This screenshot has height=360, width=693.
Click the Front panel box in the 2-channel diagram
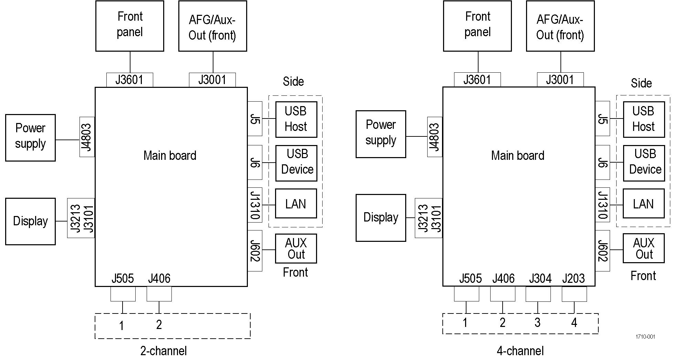pos(129,26)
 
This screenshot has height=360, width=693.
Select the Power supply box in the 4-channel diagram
pos(381,134)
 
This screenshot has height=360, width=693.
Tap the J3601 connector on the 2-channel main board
pos(129,80)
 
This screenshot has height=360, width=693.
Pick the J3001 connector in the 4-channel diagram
pos(560,80)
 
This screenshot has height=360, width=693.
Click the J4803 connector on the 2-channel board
pos(87,137)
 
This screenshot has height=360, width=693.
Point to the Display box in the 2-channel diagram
pos(30,221)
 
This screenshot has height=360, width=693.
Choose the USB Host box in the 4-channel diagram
pos(643,119)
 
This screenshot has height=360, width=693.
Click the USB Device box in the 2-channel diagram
pos(296,163)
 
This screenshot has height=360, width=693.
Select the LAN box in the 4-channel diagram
pos(643,204)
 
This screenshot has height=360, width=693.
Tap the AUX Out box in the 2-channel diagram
pos(296,248)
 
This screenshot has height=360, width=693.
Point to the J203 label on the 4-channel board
pos(574,278)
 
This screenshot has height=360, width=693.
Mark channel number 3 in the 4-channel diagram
pos(537,323)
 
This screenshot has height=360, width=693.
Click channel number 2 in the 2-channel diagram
pos(159,325)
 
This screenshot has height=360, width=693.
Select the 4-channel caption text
pos(520,351)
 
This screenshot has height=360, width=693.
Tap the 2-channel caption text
pos(164,351)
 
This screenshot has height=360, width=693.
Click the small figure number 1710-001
pos(645,337)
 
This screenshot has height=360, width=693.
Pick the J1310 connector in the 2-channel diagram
pos(255,205)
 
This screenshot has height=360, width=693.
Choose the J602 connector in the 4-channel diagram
pos(602,250)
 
